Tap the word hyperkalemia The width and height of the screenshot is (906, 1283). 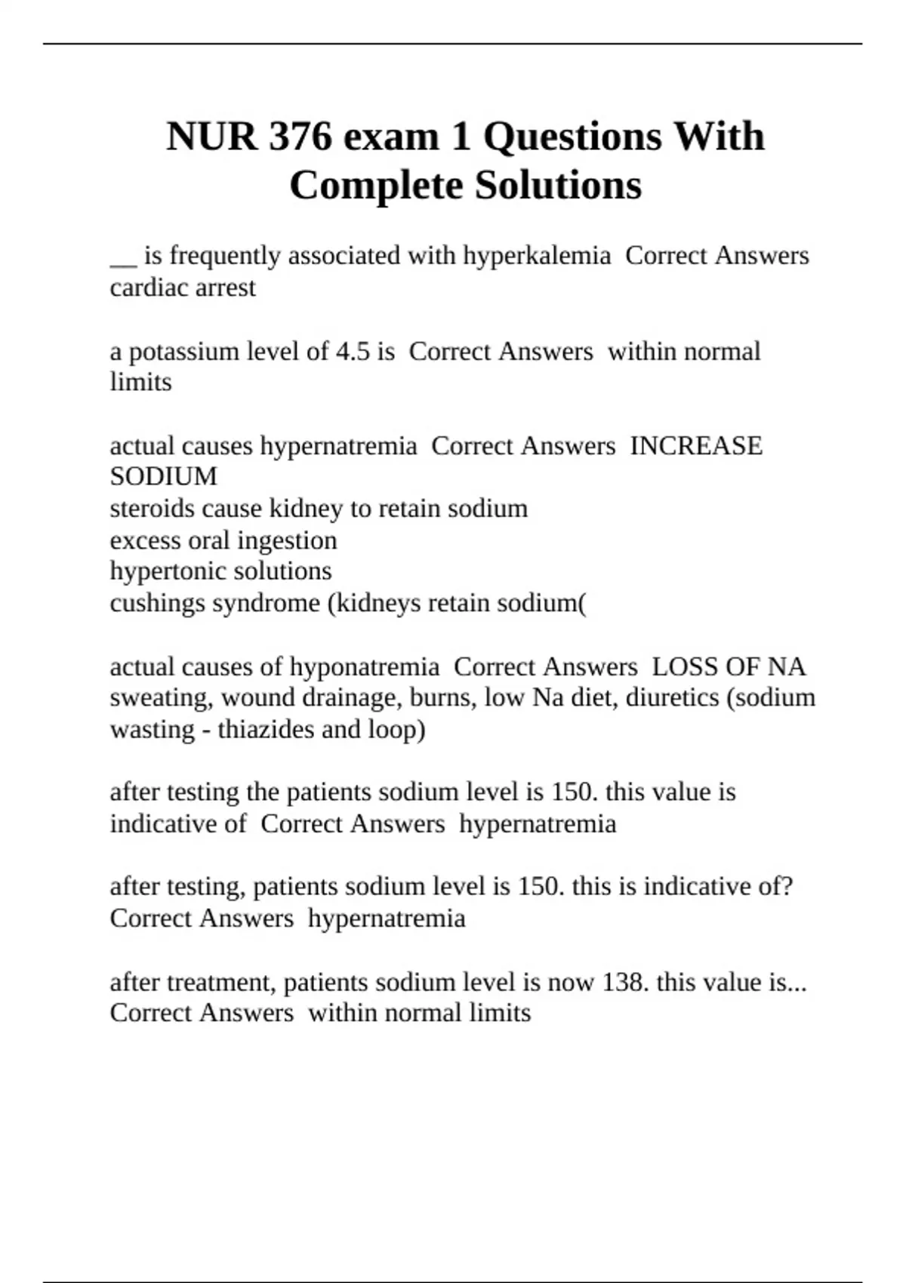coord(537,256)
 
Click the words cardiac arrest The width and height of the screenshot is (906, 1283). coord(183,288)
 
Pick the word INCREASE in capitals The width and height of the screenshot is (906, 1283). coord(696,446)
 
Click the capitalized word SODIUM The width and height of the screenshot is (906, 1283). coord(164,477)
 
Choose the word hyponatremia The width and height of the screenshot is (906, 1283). coord(365,667)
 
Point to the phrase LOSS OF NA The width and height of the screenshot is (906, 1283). coord(729,667)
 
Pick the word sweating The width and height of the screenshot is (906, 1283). coord(158,698)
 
